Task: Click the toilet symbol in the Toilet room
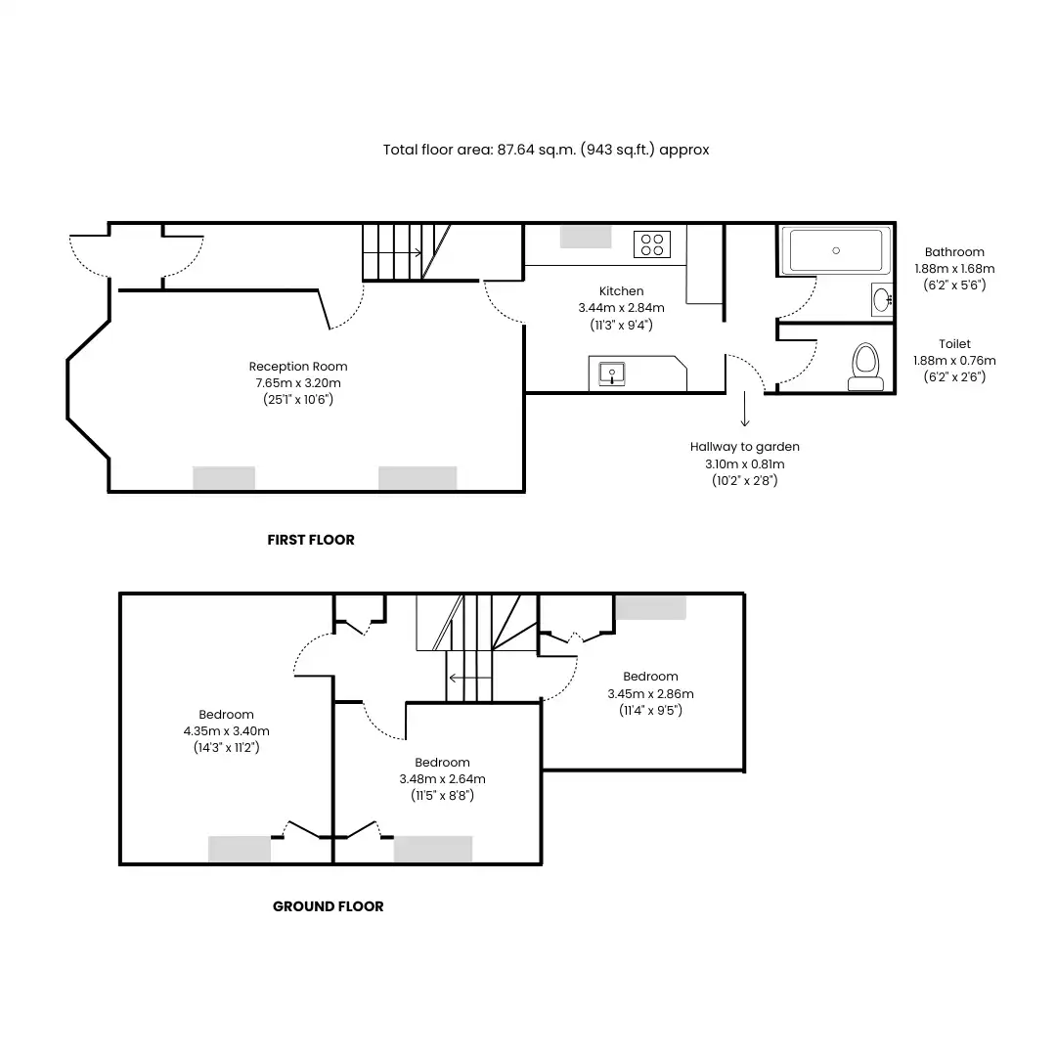865,367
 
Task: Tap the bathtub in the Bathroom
836,250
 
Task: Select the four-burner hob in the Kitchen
652,244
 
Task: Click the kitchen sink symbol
612,374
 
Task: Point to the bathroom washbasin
882,300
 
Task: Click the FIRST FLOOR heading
311,540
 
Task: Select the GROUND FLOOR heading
328,906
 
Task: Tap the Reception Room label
298,367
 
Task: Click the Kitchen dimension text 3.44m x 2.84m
621,308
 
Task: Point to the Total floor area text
547,150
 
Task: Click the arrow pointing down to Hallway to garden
745,409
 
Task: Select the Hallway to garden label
745,447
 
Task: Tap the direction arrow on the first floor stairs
393,252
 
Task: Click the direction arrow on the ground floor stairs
470,678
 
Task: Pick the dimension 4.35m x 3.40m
226,730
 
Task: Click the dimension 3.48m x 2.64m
443,778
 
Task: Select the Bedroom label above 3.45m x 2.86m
650,677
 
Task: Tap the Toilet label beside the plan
955,343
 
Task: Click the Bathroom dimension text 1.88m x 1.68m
954,268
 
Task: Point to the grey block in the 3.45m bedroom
650,607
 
